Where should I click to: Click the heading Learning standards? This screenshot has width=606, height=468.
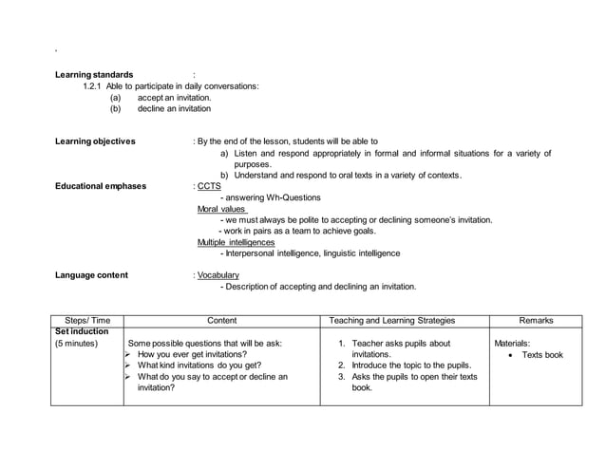click(x=94, y=74)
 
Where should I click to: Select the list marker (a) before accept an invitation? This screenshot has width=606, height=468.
click(x=116, y=98)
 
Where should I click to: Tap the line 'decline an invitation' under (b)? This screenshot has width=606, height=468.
click(x=174, y=109)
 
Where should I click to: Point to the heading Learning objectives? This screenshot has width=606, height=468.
click(x=95, y=141)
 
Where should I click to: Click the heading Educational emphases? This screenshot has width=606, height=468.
click(x=101, y=186)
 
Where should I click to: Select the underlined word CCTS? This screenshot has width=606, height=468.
click(x=208, y=186)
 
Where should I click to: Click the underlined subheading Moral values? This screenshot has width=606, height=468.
click(x=221, y=209)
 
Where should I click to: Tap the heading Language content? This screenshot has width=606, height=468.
click(x=91, y=275)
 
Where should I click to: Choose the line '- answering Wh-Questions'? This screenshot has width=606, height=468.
click(x=270, y=197)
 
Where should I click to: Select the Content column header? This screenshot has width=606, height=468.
click(x=221, y=321)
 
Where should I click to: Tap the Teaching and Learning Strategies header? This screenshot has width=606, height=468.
click(x=404, y=321)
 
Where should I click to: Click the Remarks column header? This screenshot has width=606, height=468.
click(x=536, y=321)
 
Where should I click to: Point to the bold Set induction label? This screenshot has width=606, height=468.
click(x=83, y=332)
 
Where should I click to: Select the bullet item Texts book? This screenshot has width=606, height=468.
click(x=541, y=355)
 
